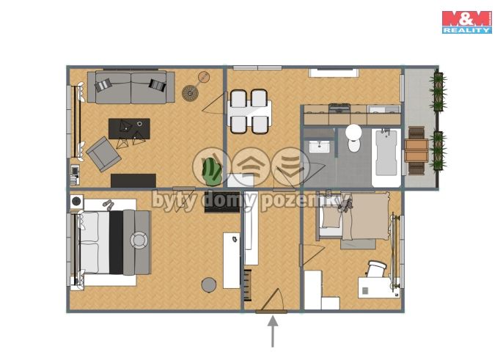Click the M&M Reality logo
coord(467,22)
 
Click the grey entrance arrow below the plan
coord(273,331)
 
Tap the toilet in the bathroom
coord(354,138)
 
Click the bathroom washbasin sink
coord(319,147)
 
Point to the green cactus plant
coord(212,172)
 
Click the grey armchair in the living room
coord(103,154)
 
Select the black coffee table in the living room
coord(129,128)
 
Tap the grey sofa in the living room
coord(131,87)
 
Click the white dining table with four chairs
coord(249,111)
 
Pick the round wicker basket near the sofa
coord(190,93)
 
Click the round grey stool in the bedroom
coord(209,285)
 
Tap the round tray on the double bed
coord(139,240)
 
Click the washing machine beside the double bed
coord(77,202)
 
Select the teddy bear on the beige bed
coord(345,205)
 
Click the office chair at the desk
coord(375,269)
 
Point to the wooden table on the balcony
coord(416,150)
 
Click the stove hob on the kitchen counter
coord(339,109)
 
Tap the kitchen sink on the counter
coord(383,110)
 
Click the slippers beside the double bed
coord(109,205)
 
